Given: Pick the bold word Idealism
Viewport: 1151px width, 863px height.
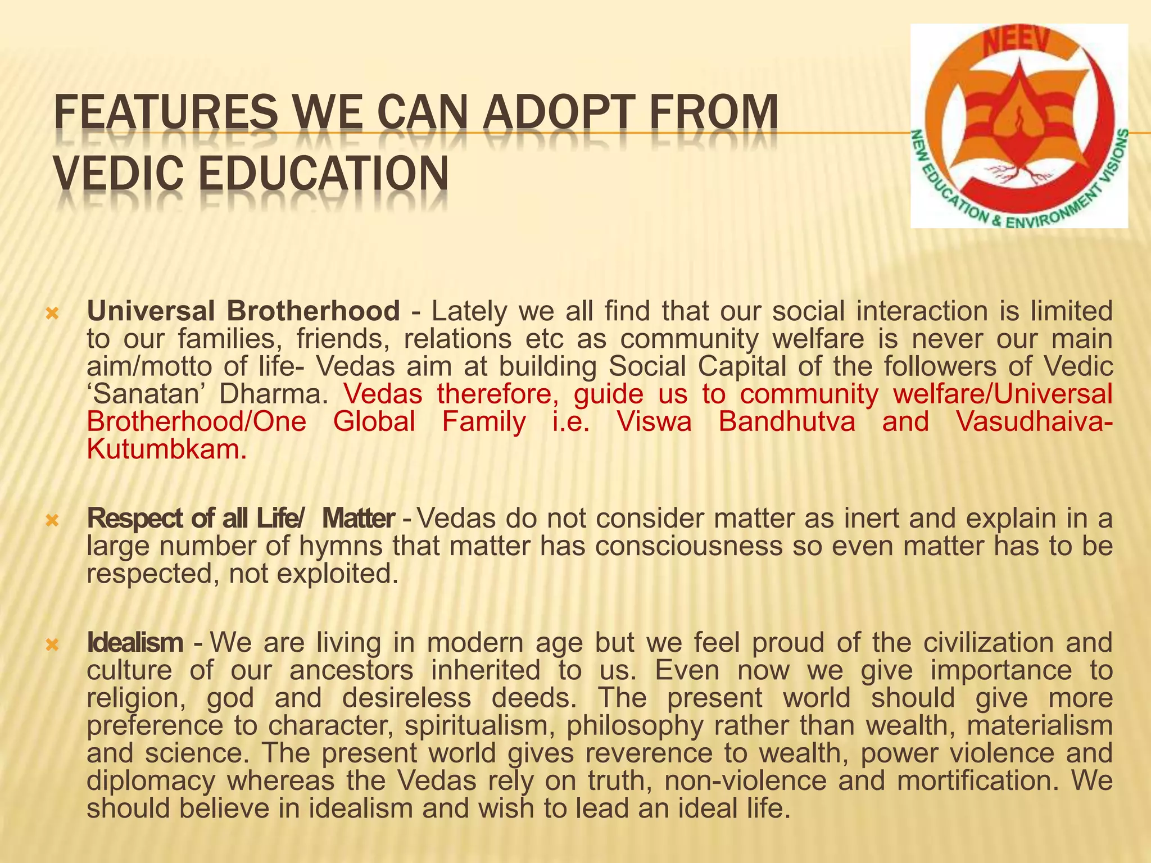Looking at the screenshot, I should (x=135, y=643).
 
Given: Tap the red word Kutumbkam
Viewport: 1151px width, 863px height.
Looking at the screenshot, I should (x=166, y=451).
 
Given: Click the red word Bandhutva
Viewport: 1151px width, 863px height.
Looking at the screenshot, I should (x=787, y=423).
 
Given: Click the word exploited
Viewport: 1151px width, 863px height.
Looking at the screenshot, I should (x=337, y=575).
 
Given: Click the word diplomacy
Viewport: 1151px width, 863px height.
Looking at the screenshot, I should (x=151, y=781).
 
